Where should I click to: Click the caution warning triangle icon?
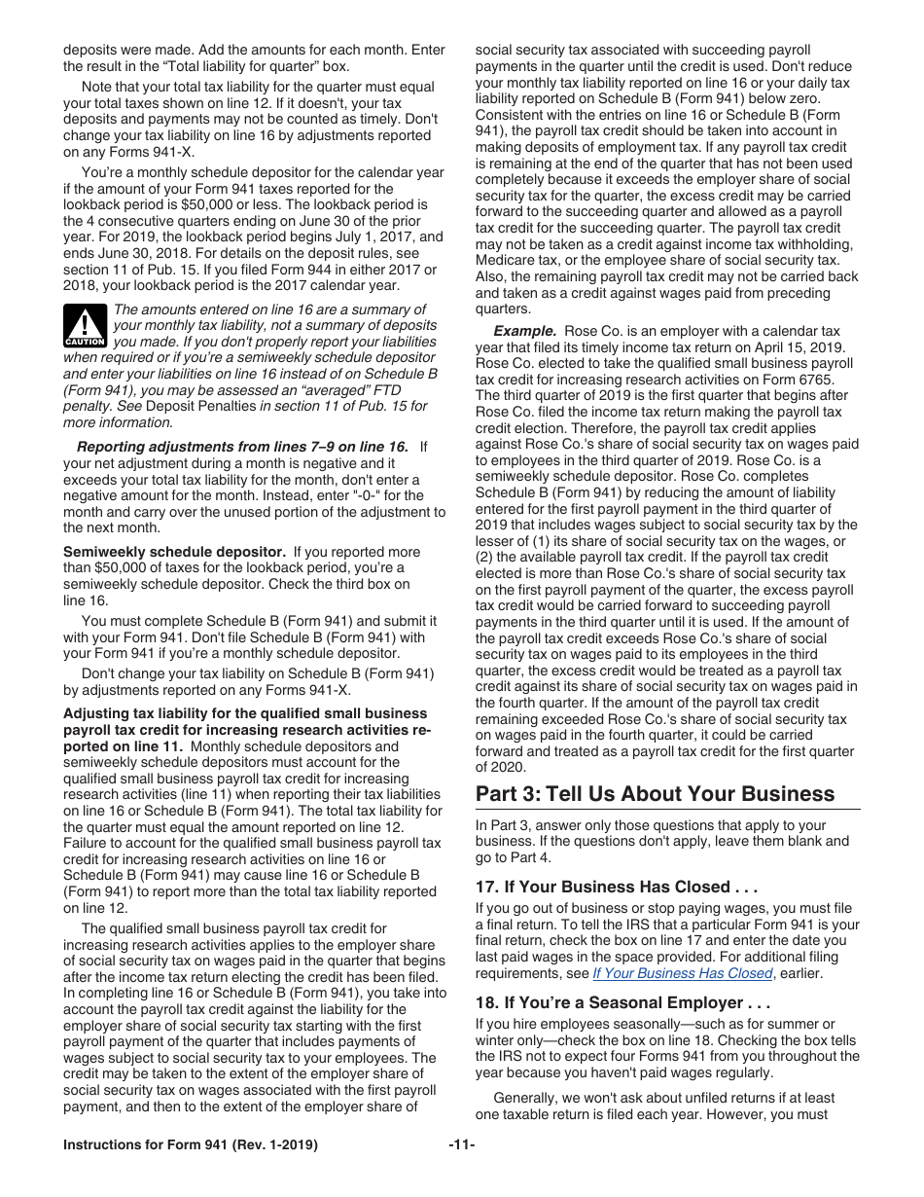[x=85, y=325]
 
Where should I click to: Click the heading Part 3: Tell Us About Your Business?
[x=655, y=794]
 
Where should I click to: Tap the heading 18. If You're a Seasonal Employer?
[x=622, y=1002]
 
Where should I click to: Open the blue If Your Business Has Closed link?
[x=681, y=973]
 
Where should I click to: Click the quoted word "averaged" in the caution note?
[x=366, y=390]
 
